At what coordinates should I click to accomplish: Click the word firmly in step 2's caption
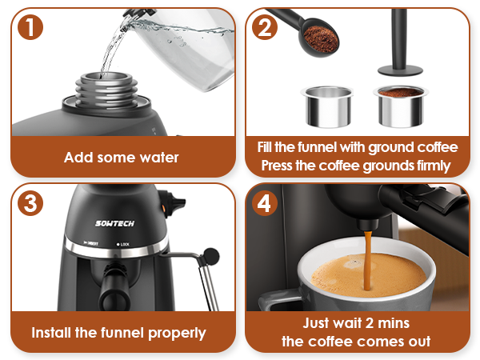tap(427, 166)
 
